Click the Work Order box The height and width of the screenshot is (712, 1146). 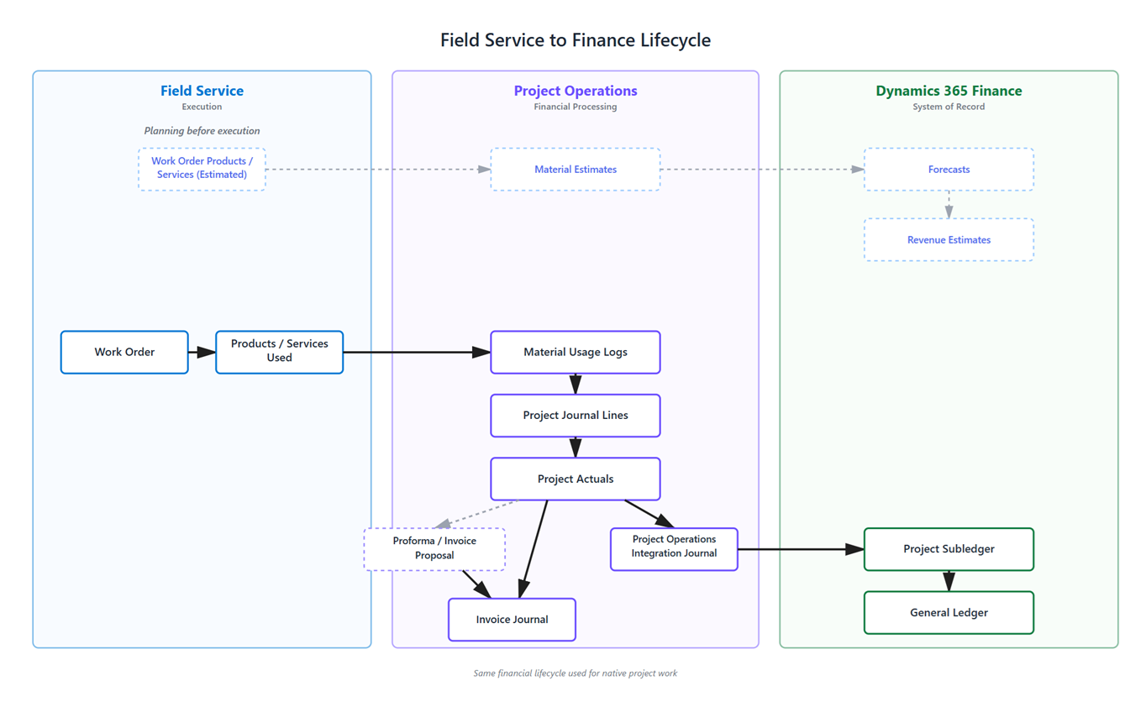pyautogui.click(x=124, y=352)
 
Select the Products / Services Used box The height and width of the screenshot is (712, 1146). pyautogui.click(x=279, y=352)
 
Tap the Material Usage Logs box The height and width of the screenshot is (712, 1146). pyautogui.click(x=575, y=352)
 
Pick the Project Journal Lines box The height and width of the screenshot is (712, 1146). pyautogui.click(x=575, y=416)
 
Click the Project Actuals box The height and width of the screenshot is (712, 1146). pyautogui.click(x=575, y=479)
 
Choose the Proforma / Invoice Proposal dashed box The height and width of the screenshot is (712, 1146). pyautogui.click(x=434, y=549)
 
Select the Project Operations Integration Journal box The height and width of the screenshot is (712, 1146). pyautogui.click(x=674, y=549)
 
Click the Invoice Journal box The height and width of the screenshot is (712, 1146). pyautogui.click(x=512, y=620)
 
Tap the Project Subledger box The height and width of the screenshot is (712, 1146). pyautogui.click(x=949, y=549)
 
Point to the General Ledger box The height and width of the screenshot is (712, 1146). pyautogui.click(x=949, y=613)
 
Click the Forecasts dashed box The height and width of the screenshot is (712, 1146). pyautogui.click(x=949, y=170)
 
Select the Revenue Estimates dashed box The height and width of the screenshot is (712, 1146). pyautogui.click(x=949, y=240)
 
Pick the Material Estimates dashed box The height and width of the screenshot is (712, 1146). pyautogui.click(x=575, y=170)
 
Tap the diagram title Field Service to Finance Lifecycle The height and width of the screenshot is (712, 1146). pyautogui.click(x=575, y=40)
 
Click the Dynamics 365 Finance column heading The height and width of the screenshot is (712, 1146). pyautogui.click(x=949, y=91)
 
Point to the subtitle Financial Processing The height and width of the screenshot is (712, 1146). pyautogui.click(x=575, y=107)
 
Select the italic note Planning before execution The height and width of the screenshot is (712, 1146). pyautogui.click(x=202, y=131)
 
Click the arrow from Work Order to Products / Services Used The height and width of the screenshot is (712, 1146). pyautogui.click(x=202, y=352)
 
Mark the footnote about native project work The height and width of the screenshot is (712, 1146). pyautogui.click(x=575, y=673)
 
